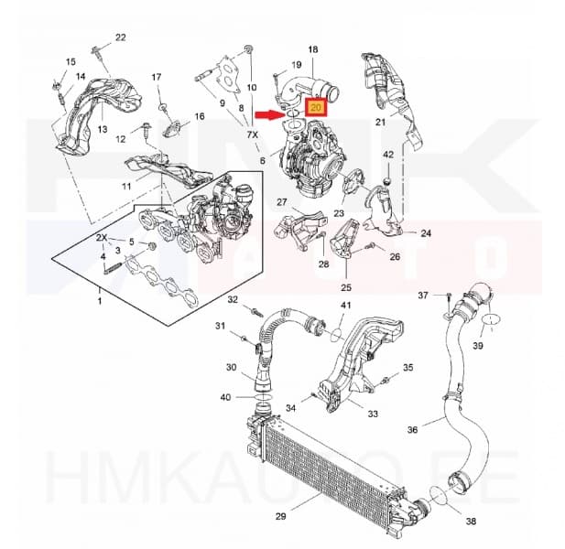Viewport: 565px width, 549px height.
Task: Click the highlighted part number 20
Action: pos(316,107)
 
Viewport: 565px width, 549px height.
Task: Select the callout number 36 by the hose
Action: pos(412,429)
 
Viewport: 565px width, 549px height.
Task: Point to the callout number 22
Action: pos(120,38)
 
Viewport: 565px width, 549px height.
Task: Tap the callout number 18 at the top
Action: pos(312,48)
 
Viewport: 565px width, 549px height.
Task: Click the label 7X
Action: pos(252,135)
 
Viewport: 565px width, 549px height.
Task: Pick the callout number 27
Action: pos(282,202)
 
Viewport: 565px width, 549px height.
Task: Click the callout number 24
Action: pos(426,232)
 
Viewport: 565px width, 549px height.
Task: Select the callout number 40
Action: pos(225,396)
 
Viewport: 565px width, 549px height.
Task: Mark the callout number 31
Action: pos(220,327)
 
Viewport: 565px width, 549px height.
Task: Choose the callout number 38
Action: pos(471,522)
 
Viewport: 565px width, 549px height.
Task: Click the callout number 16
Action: pos(199,117)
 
